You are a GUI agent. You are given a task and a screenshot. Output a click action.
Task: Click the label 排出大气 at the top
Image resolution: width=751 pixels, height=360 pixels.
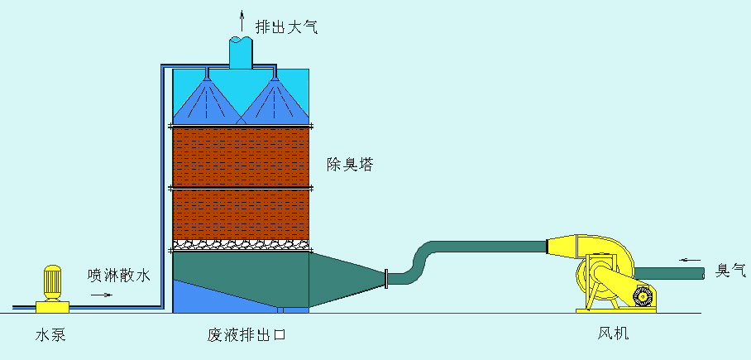tap(285, 27)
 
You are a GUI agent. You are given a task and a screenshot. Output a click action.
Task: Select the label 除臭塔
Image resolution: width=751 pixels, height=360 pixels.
tap(351, 165)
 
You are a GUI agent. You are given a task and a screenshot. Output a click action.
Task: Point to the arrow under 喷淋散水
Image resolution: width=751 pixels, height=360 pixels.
tap(103, 295)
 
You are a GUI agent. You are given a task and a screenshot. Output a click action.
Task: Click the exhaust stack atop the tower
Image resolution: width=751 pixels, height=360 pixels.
tap(241, 53)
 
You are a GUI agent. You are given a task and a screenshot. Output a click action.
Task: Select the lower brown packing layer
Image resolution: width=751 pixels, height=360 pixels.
tap(242, 214)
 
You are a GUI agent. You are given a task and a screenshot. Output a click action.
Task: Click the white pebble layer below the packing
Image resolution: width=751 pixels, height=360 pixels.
tap(242, 245)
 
